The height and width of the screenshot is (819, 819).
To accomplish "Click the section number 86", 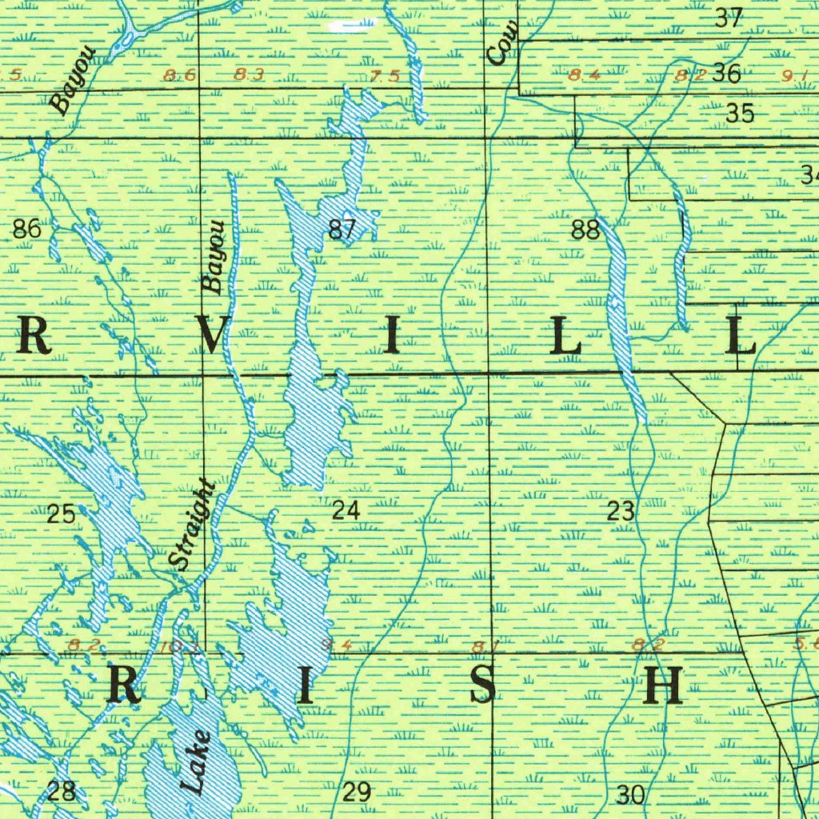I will (x=26, y=230).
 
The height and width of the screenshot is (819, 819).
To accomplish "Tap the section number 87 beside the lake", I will (x=342, y=230).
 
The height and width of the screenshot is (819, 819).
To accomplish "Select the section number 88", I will (x=585, y=230).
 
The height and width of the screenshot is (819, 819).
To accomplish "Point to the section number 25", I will (x=61, y=514).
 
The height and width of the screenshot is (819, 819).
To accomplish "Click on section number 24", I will (x=346, y=510).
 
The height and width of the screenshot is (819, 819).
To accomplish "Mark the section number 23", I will (x=621, y=510).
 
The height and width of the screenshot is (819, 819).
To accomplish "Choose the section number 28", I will (x=62, y=791).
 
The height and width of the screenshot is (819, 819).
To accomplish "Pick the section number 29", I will (x=357, y=792).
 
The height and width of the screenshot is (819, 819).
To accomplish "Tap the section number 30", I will (x=631, y=794).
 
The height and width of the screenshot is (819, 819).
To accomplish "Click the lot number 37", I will (x=729, y=18).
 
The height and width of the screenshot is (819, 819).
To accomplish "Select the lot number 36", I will (x=726, y=74).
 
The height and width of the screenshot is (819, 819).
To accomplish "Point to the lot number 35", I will (x=740, y=114).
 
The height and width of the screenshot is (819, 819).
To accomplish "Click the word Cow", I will (x=503, y=44).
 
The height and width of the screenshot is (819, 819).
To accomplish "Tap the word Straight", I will (x=194, y=525).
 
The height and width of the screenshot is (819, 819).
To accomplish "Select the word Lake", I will (x=196, y=761).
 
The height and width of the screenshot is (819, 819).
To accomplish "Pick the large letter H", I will (x=664, y=685).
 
